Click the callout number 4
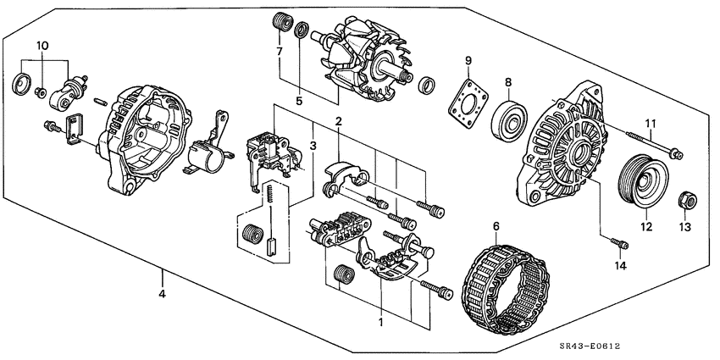pos(162,296)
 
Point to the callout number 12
pos(645,226)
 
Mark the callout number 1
pos(380,323)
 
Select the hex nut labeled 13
pos(686,202)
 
